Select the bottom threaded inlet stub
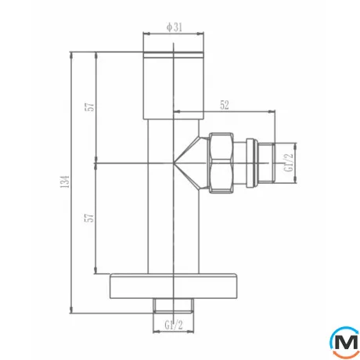(175, 303)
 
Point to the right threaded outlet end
(267, 162)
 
